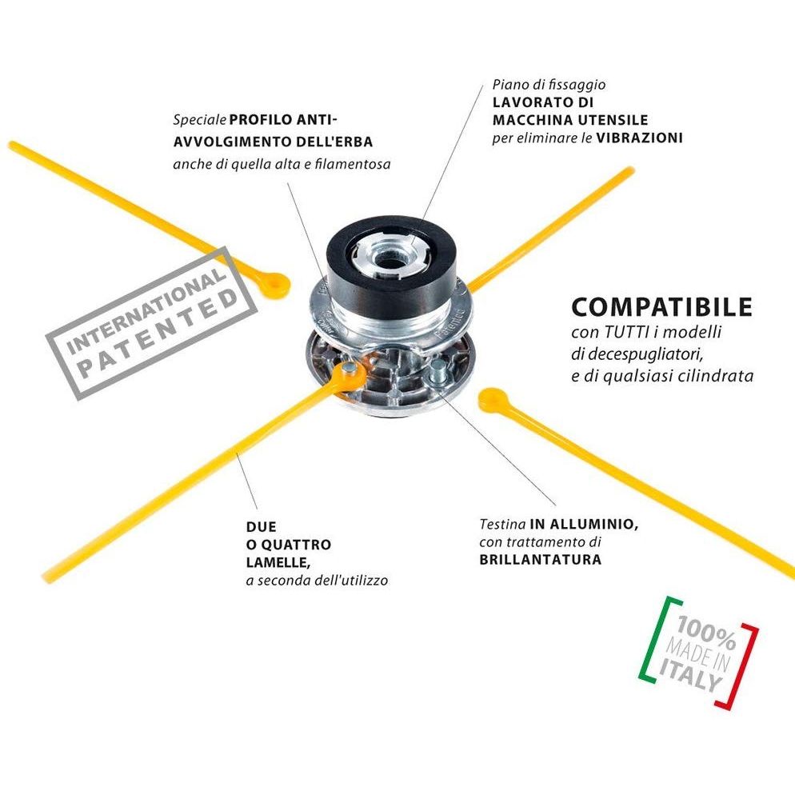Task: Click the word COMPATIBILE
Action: coord(661,307)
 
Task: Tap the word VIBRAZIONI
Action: coord(638,138)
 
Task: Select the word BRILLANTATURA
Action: coord(540,560)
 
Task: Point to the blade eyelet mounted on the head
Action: coord(350,371)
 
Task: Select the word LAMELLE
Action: coord(275,562)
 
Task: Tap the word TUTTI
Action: coord(621,333)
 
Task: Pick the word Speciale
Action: coord(199,121)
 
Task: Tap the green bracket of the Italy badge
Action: coord(652,640)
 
